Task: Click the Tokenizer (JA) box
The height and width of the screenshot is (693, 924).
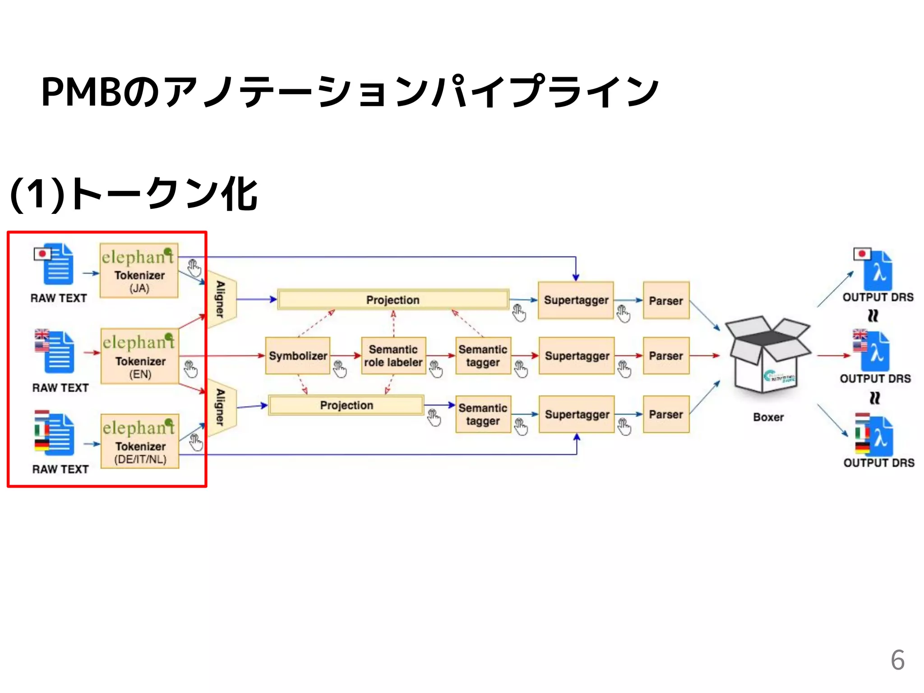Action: tap(139, 271)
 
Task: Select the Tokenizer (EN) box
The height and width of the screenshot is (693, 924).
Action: tap(140, 356)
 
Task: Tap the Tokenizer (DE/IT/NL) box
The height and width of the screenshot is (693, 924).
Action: tap(140, 441)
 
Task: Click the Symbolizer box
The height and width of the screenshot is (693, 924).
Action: tap(298, 356)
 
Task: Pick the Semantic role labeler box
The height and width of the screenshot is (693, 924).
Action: tap(393, 356)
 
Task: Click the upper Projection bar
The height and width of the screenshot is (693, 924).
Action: tap(393, 300)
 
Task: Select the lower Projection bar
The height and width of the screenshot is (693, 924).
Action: tap(346, 405)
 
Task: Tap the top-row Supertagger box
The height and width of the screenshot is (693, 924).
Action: tap(576, 300)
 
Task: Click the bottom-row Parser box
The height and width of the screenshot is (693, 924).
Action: tap(666, 414)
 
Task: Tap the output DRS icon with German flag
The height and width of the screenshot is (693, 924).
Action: tap(874, 435)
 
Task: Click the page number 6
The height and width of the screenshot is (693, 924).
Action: tap(897, 660)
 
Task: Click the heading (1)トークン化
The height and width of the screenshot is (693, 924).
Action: tap(134, 194)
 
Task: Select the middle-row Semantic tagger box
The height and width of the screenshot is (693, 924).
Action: tap(483, 356)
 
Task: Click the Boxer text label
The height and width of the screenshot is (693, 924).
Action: tap(768, 417)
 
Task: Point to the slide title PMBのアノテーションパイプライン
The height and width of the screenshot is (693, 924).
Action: tap(350, 92)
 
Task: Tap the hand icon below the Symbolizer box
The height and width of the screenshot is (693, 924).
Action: tap(340, 369)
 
